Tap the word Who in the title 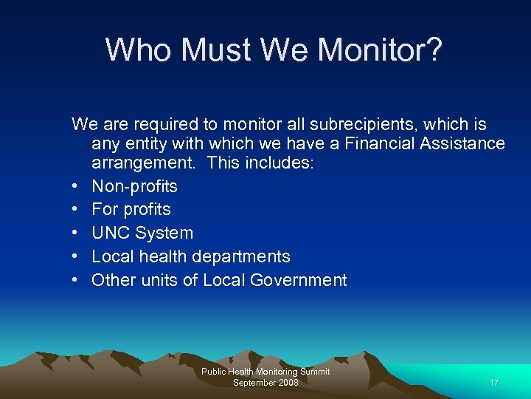(139, 50)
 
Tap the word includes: (282, 163)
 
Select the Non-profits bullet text (134, 186)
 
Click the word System (164, 233)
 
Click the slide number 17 (494, 383)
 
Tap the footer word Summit (315, 372)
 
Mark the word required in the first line (148, 124)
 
